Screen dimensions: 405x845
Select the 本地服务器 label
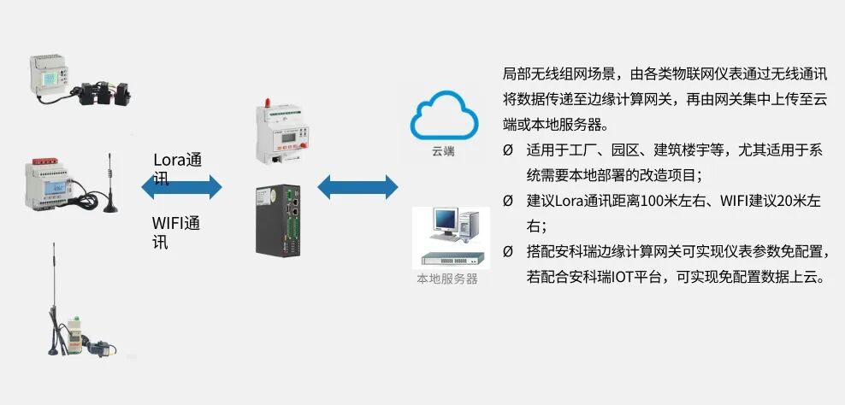[446, 279]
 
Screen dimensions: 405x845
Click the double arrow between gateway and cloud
[357, 186]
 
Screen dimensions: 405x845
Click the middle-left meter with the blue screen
[56, 183]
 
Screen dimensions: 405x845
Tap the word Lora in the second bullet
[570, 201]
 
